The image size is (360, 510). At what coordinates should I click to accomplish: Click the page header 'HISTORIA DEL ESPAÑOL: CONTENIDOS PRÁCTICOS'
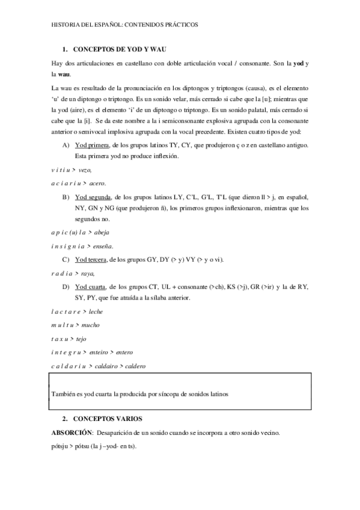[x=125, y=25]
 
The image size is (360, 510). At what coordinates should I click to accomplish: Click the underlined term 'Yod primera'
[x=92, y=146]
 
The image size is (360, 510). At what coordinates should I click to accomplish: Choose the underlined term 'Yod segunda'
[x=93, y=197]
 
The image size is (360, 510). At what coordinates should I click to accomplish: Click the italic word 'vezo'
[x=88, y=170]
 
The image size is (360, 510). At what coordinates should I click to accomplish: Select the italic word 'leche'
[x=97, y=311]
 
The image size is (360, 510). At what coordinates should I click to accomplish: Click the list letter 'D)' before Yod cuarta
[x=66, y=287]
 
